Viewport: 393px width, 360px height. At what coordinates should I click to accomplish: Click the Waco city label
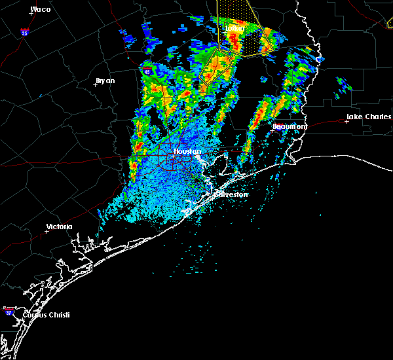coord(40,10)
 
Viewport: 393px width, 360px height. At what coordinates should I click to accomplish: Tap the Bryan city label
coord(105,81)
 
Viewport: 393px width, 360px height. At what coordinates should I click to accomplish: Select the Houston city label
coord(187,151)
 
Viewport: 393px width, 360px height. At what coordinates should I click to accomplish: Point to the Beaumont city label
coord(290,126)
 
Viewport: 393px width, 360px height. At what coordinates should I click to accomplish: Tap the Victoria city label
coord(59,227)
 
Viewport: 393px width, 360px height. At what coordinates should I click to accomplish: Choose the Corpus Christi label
coord(46,315)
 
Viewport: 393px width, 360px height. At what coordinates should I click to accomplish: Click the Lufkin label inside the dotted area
coord(234,28)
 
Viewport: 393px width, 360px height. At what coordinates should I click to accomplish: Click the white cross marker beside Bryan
coord(96,84)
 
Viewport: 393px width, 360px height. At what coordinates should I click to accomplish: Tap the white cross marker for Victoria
coord(47,231)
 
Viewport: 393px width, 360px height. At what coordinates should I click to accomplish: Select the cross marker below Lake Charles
coord(346,122)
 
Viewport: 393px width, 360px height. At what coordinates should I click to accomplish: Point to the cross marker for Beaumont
coord(272,130)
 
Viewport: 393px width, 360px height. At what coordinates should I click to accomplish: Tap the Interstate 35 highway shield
coord(24,32)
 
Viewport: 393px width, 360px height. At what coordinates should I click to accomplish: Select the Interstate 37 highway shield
coord(9,310)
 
